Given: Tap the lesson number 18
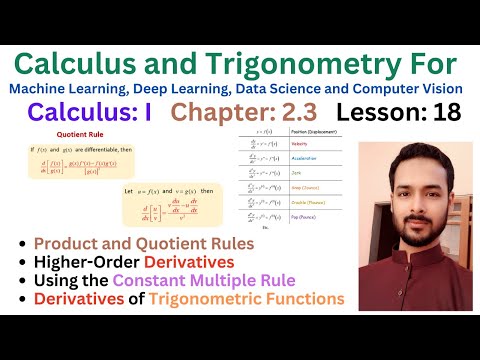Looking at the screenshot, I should click(x=446, y=113).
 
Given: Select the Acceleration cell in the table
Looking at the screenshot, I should click(x=312, y=170).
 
